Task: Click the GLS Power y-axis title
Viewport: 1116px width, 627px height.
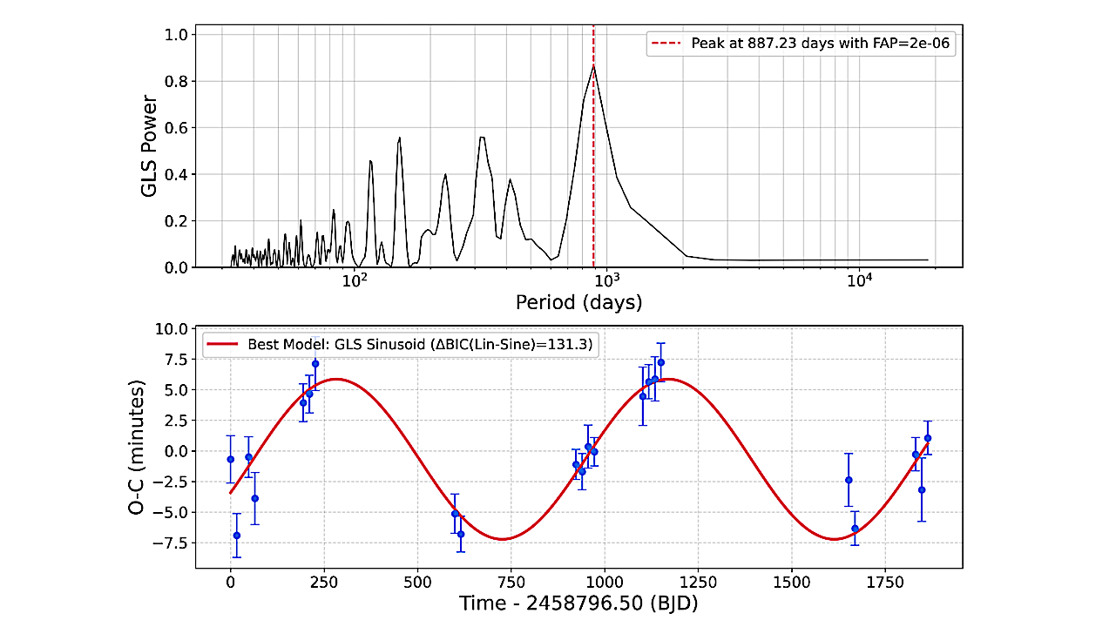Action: (x=150, y=146)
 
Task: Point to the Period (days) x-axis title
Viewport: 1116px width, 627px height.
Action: (x=578, y=303)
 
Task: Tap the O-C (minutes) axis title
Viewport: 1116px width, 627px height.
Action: (x=138, y=447)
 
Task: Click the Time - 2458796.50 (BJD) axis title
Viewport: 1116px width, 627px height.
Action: (x=578, y=603)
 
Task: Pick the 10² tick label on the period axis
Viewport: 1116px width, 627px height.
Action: (x=354, y=280)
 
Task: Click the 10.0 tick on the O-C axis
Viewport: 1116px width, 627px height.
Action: (x=170, y=329)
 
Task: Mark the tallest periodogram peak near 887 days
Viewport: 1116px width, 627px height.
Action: (x=593, y=66)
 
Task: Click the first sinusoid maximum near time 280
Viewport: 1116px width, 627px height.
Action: (x=336, y=379)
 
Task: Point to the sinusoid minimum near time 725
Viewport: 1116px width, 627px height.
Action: (x=502, y=539)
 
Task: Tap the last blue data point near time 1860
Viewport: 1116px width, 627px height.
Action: (x=928, y=438)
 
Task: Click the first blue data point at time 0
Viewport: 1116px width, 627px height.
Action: (x=230, y=459)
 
